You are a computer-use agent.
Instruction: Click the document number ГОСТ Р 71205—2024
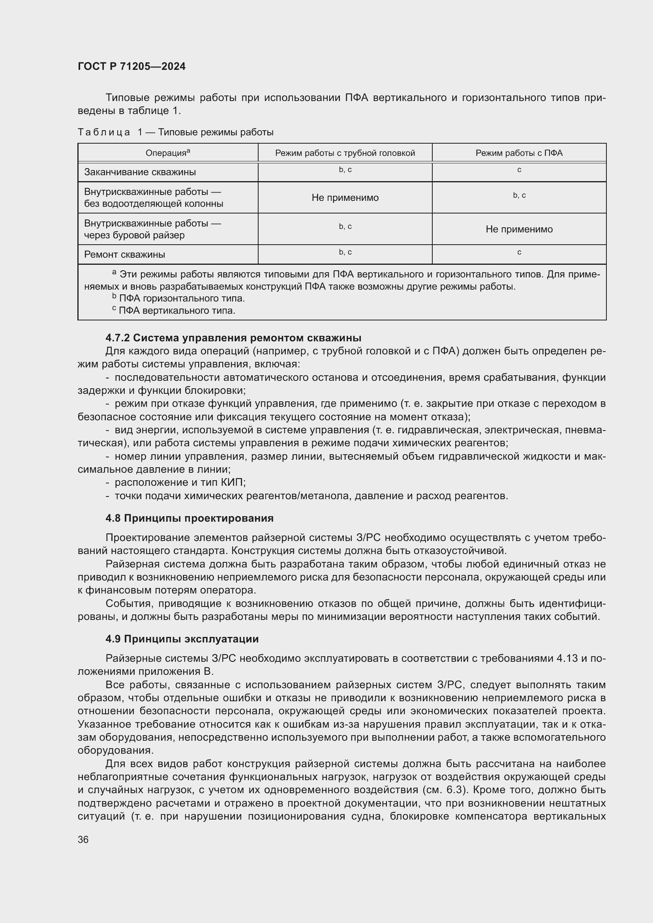click(x=131, y=66)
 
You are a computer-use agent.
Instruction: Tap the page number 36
click(x=83, y=839)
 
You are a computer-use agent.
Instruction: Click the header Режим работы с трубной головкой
click(x=345, y=153)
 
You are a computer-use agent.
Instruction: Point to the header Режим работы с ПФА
click(x=519, y=153)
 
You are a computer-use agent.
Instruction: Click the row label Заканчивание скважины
click(x=140, y=172)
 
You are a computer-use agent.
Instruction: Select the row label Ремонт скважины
click(x=125, y=255)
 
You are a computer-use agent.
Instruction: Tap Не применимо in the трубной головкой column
click(x=345, y=197)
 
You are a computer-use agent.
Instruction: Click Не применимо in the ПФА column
click(x=519, y=229)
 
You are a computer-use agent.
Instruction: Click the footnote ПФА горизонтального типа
click(x=182, y=298)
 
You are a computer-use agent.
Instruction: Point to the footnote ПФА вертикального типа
click(x=177, y=310)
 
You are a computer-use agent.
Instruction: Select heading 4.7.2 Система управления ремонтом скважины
click(x=233, y=337)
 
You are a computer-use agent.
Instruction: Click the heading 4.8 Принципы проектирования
click(x=190, y=518)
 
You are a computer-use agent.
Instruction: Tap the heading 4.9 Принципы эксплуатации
click(x=182, y=639)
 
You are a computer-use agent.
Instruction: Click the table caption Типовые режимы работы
click(x=216, y=132)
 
